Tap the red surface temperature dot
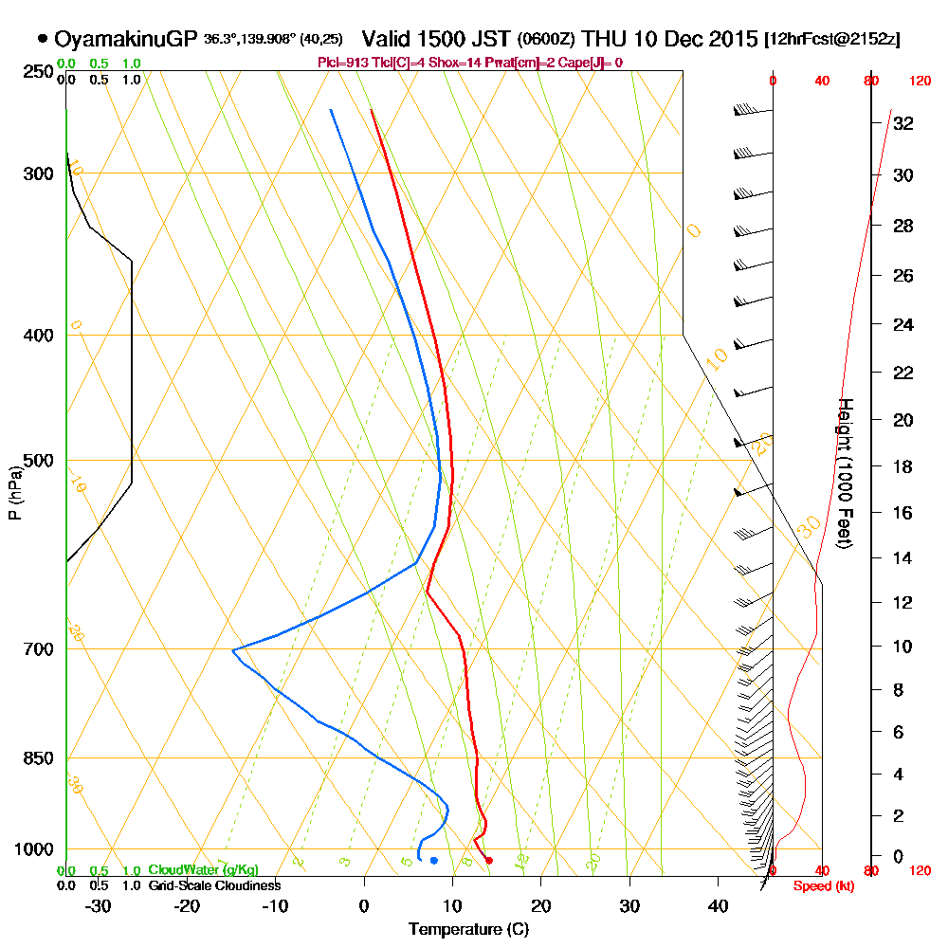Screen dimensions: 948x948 click(488, 861)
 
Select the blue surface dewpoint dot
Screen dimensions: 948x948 click(433, 861)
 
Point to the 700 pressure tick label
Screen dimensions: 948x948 click(36, 649)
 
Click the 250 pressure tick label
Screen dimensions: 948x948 click(36, 72)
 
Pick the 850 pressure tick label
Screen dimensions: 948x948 click(36, 758)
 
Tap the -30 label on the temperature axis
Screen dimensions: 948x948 click(99, 905)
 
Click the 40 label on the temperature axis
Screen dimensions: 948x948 click(718, 905)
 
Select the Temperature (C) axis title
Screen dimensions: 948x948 click(468, 930)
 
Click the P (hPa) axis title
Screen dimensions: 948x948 click(13, 493)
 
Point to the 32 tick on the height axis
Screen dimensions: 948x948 click(902, 123)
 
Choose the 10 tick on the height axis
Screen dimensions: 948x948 click(902, 647)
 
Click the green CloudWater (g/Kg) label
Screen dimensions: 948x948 click(203, 870)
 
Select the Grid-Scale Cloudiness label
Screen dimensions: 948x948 click(213, 885)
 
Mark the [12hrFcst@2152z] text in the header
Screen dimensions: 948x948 click(831, 40)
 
